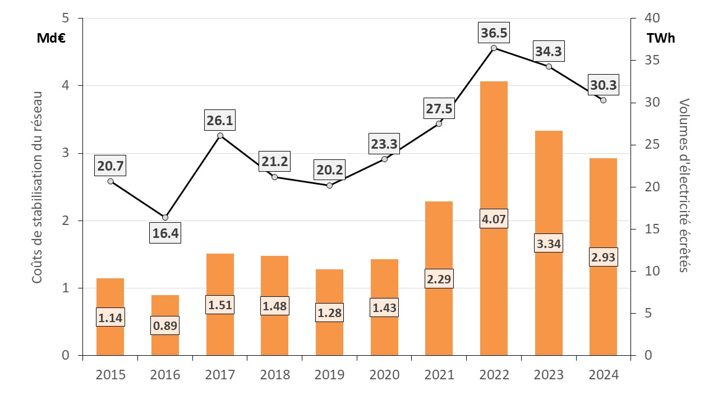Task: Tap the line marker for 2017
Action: tap(220, 135)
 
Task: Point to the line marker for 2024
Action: tap(603, 100)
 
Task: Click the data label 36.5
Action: tap(494, 33)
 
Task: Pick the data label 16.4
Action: tap(165, 233)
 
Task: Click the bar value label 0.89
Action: tap(165, 325)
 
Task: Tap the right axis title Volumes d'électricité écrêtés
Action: tap(684, 185)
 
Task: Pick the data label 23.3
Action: tap(384, 144)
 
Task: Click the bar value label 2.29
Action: tap(439, 278)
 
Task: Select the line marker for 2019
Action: tap(329, 185)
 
